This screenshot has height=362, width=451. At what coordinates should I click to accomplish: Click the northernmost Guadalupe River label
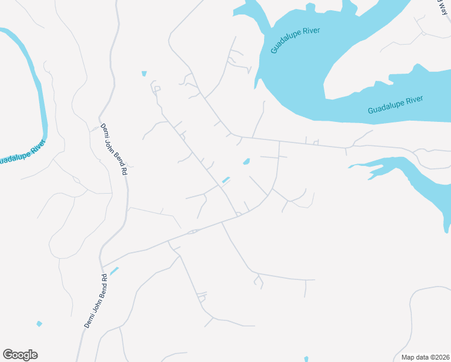point(294,40)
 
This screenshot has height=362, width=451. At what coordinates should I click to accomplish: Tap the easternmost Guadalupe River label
point(395,104)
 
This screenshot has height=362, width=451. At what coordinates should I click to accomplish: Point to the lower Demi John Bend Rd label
point(95,301)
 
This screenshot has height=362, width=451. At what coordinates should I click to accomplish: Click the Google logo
point(20,355)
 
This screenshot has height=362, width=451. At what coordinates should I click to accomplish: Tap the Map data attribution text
point(424,357)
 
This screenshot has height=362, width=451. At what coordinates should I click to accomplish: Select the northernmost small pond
point(144,74)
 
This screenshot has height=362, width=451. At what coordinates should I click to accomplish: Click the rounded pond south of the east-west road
point(246,162)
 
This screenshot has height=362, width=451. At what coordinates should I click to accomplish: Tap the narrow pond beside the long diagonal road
point(226,180)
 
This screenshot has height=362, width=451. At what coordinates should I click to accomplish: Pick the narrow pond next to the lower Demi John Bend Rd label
point(114,271)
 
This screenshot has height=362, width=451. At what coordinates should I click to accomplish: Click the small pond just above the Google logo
point(39,324)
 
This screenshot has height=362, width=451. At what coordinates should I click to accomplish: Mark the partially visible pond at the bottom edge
point(306,359)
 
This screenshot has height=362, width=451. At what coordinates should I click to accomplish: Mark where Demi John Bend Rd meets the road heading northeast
point(102,266)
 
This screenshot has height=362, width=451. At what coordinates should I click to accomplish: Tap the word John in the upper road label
point(114,148)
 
